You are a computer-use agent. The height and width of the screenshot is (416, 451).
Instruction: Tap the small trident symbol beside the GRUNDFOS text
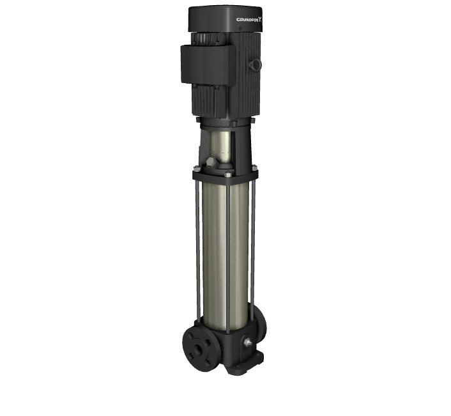[261, 19]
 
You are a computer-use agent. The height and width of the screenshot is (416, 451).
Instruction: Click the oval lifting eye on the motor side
[256, 65]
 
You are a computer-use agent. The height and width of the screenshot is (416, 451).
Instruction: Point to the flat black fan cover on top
[225, 19]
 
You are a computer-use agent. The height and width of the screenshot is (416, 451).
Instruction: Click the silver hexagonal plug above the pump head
[211, 162]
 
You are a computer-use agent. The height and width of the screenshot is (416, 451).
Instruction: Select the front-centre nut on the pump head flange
[229, 174]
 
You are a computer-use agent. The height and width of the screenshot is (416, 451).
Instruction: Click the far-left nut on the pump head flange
[197, 169]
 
